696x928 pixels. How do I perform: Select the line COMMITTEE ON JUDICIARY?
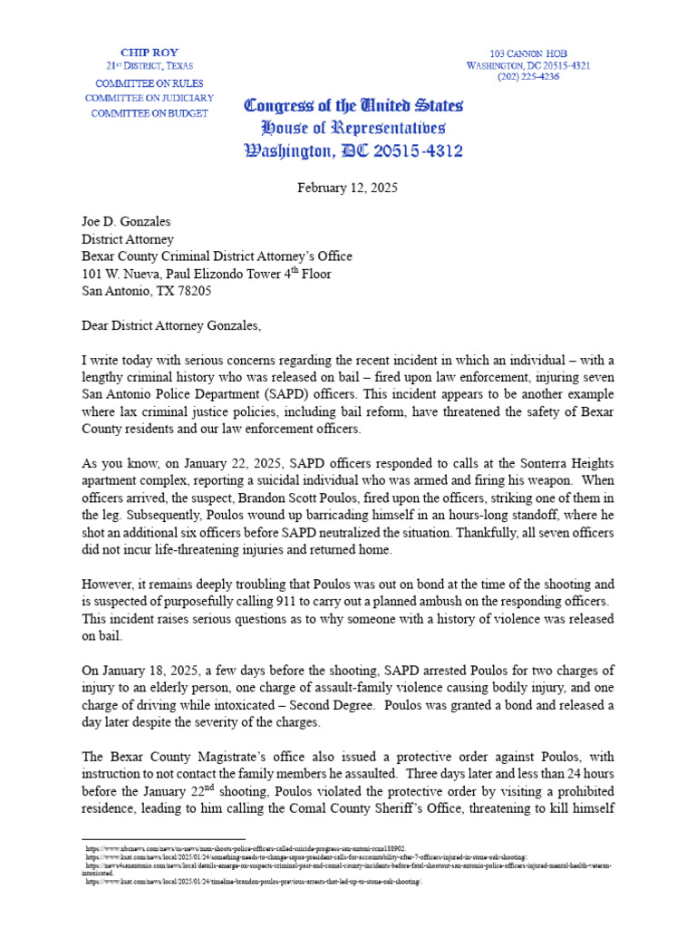click(150, 97)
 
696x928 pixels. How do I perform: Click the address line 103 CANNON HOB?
click(528, 53)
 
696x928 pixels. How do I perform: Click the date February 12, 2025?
click(348, 188)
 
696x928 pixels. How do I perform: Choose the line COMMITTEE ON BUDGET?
click(147, 113)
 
